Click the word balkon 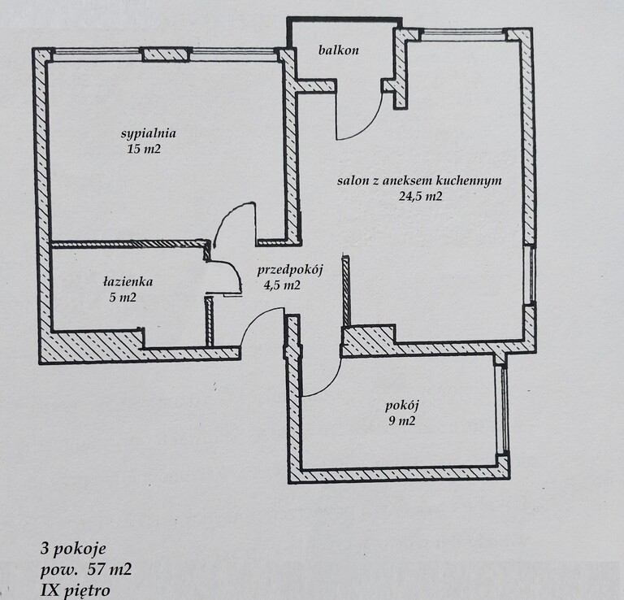click(338, 50)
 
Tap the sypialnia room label click(149, 133)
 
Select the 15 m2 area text click(144, 149)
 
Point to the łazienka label click(128, 281)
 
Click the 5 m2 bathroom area click(123, 297)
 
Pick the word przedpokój click(290, 270)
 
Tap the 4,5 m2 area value click(282, 285)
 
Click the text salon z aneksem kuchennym click(419, 180)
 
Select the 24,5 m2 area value click(421, 196)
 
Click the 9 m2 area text click(402, 421)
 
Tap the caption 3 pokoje click(73, 550)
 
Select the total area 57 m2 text click(109, 570)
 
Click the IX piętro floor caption click(76, 590)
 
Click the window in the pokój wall click(503, 409)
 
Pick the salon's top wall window click(463, 35)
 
